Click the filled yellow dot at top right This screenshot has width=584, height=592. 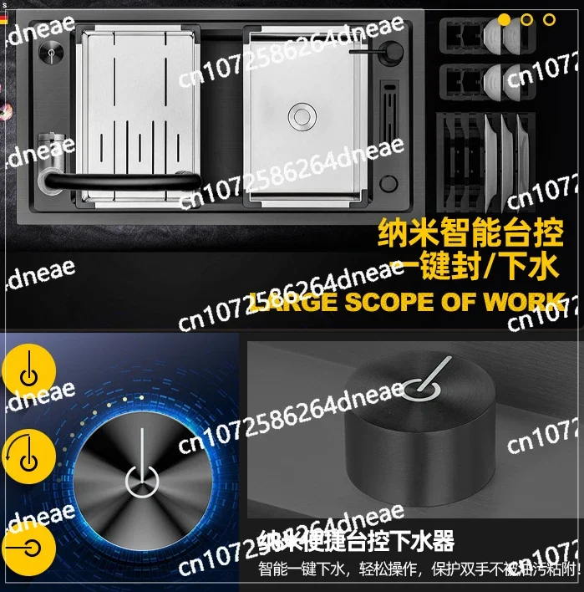(x=505, y=19)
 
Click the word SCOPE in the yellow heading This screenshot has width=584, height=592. (x=398, y=303)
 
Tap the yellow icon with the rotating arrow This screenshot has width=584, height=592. (x=28, y=457)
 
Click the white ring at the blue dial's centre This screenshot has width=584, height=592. (x=143, y=482)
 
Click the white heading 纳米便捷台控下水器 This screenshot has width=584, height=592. (x=356, y=541)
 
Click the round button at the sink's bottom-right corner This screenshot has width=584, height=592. (x=389, y=184)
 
